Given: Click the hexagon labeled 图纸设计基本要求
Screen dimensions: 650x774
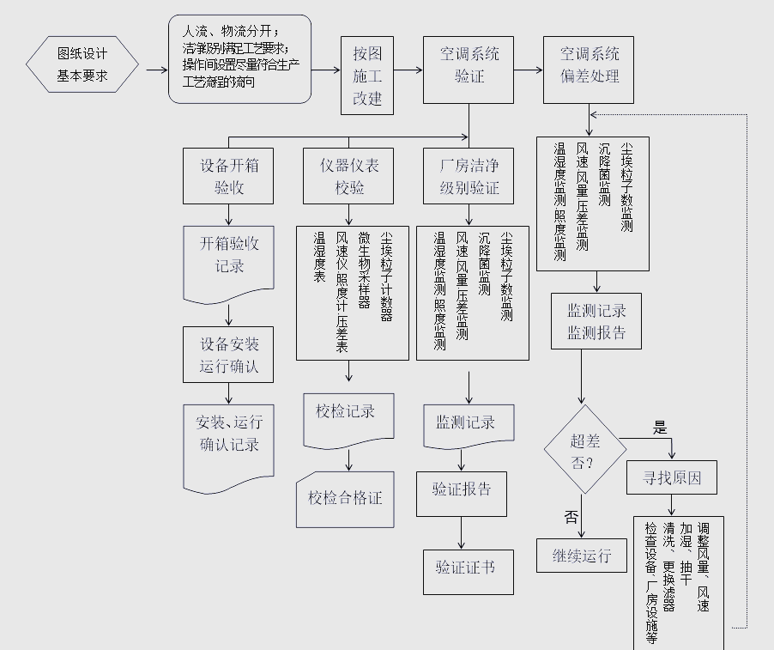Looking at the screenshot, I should pos(82,64).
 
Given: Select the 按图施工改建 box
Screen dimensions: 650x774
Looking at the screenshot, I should pos(367,76).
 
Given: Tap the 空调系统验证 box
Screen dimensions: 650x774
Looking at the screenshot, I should pos(469,65).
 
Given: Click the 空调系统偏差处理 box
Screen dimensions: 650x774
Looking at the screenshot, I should pos(589,65).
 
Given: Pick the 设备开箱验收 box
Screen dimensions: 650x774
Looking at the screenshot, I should pos(228,176).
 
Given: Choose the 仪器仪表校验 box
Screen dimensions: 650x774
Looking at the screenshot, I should pos(348,176).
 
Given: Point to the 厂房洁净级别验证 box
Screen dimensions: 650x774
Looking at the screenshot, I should pos(469,176).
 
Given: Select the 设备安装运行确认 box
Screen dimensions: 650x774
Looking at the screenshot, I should pos(228,355).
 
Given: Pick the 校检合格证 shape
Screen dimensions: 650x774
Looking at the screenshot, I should pos(345,498).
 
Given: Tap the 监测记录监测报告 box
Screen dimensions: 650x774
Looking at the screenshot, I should pos(596,321).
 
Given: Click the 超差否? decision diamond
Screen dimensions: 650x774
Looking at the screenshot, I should pos(585,449).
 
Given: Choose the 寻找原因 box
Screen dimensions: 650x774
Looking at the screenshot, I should pos(673,477).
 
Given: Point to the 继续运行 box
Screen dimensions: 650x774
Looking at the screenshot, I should pos(582,556).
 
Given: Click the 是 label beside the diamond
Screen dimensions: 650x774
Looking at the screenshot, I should pos(659,428).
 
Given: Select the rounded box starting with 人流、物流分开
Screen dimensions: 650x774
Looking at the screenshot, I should pos(239,59).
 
